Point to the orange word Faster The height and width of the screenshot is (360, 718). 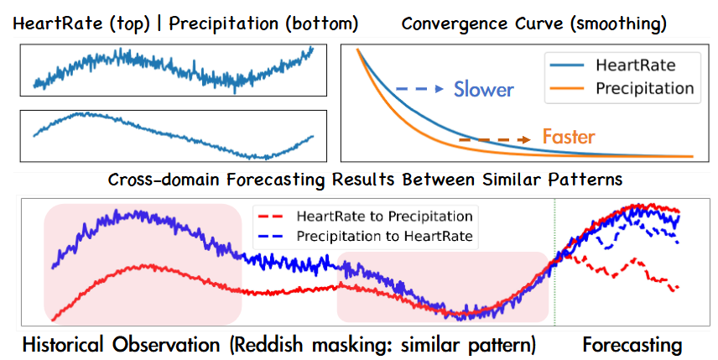click(568, 136)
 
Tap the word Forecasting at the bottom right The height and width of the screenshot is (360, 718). click(632, 344)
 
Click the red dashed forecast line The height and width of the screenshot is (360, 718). click(621, 272)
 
